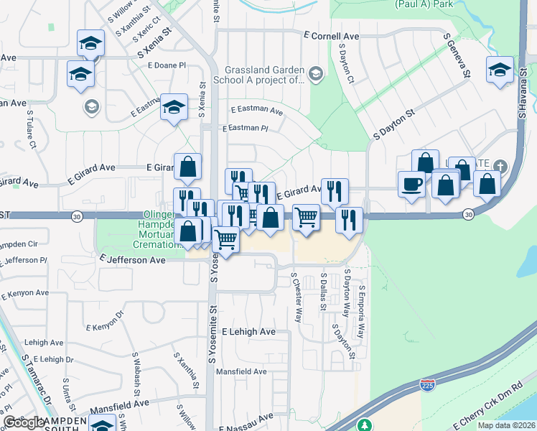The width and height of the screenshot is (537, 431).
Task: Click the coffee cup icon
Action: click(411, 185)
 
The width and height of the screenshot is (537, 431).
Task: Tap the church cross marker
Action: click(499, 168)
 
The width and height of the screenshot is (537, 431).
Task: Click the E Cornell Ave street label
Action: click(331, 35)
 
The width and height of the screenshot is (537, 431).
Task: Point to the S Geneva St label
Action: click(457, 55)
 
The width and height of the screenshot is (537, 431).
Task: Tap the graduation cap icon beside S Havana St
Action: click(499, 70)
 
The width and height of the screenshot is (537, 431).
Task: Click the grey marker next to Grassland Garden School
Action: click(314, 75)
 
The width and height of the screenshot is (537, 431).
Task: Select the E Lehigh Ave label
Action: click(248, 332)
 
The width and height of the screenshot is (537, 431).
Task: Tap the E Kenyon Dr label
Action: click(106, 321)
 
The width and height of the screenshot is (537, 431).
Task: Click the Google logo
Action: click(24, 422)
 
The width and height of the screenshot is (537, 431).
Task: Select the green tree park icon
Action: click(365, 426)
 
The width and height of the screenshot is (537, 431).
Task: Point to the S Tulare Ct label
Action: click(32, 129)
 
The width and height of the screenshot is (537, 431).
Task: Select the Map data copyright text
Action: click(505, 425)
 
